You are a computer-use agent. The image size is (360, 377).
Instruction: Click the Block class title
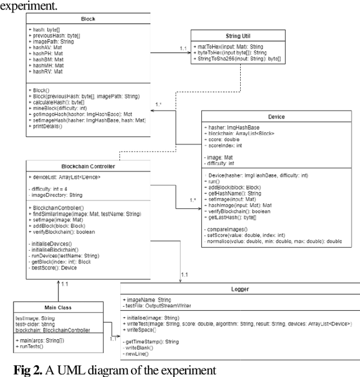click(88, 19)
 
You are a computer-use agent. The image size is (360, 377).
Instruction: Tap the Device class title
click(277, 117)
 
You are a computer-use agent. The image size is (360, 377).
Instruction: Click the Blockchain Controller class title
click(88, 166)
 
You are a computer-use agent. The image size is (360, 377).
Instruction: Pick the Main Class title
click(59, 307)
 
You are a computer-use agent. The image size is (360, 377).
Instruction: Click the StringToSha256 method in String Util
click(235, 59)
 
